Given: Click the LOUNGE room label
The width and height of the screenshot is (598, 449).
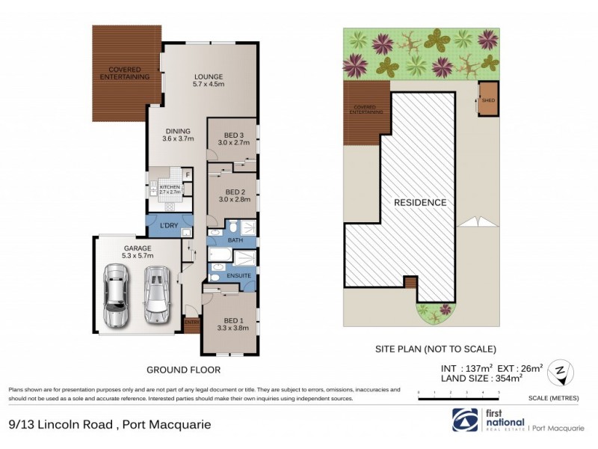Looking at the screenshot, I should click(209, 80).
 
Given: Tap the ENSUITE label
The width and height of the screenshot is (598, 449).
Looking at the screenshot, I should click(239, 277).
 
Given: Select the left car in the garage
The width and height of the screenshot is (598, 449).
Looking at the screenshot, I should click(116, 297).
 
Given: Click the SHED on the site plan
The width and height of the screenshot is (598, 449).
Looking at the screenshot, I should click(488, 100).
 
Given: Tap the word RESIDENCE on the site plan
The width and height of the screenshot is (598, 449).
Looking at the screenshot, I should click(421, 202).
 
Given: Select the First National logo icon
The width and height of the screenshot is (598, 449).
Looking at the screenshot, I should click(466, 421).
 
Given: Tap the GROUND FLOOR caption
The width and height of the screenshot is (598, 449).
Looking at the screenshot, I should click(183, 370).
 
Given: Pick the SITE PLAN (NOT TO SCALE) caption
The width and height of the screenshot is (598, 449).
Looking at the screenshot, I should click(434, 349).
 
